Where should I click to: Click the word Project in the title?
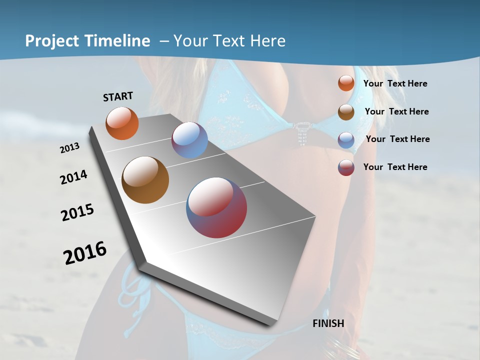[x=52, y=41]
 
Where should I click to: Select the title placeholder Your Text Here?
[x=229, y=41]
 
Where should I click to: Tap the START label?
[x=118, y=96]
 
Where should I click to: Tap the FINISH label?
[x=328, y=323]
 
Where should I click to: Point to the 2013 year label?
[x=70, y=148]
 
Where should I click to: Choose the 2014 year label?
[x=74, y=177]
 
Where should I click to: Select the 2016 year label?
[x=85, y=253]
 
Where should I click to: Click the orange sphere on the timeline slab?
[x=122, y=123]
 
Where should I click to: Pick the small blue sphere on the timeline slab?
[x=189, y=140]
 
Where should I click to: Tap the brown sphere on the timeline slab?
[x=145, y=180]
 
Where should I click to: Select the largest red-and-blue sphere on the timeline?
[x=216, y=207]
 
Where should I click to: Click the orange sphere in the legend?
[x=346, y=83]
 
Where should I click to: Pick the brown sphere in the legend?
[x=346, y=112]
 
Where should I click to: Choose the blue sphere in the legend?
[x=346, y=139]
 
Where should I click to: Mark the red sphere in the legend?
[x=346, y=167]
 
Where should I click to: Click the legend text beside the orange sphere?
[x=395, y=83]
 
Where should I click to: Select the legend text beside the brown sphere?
[x=396, y=111]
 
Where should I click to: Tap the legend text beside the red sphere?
[x=395, y=167]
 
